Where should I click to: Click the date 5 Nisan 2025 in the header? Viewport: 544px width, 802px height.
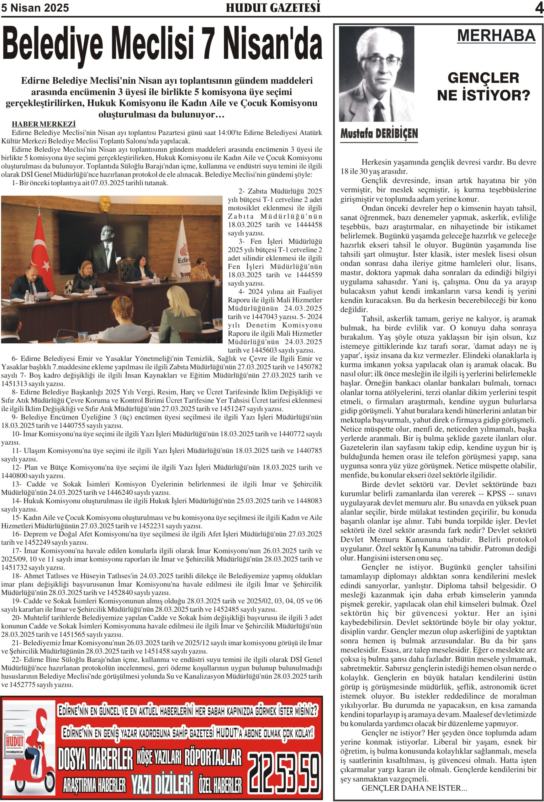pyautogui.click(x=35, y=8)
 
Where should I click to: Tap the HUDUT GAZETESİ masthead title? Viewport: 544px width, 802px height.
pyautogui.click(x=273, y=8)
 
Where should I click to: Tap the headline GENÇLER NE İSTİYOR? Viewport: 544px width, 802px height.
pyautogui.click(x=483, y=86)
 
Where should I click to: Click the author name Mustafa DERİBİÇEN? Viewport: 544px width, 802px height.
pyautogui.click(x=379, y=133)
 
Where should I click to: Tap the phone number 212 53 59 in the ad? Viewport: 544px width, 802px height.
pyautogui.click(x=284, y=773)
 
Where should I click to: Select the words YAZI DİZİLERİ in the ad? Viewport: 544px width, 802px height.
pyautogui.click(x=162, y=784)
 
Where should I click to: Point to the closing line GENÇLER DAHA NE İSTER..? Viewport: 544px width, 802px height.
pyautogui.click(x=414, y=788)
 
